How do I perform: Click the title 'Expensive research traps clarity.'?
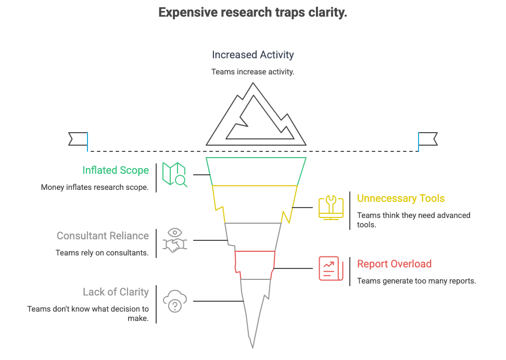point(252,12)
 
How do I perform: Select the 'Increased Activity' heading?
point(252,55)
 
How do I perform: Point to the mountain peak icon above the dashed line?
point(256,117)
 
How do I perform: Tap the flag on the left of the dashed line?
point(78,139)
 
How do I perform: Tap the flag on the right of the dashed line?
point(427,139)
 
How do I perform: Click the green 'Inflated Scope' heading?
point(116,171)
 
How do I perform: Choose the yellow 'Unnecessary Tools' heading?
point(401,198)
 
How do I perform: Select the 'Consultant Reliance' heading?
point(103,236)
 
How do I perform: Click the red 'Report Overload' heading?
point(394,264)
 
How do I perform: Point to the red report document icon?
point(329,268)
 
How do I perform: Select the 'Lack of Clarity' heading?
point(116,292)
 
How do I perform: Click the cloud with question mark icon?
point(175,301)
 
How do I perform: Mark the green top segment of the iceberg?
point(256,171)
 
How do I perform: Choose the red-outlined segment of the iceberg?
point(255,265)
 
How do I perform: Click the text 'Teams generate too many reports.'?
point(416,281)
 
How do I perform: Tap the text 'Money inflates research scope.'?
point(95,187)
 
